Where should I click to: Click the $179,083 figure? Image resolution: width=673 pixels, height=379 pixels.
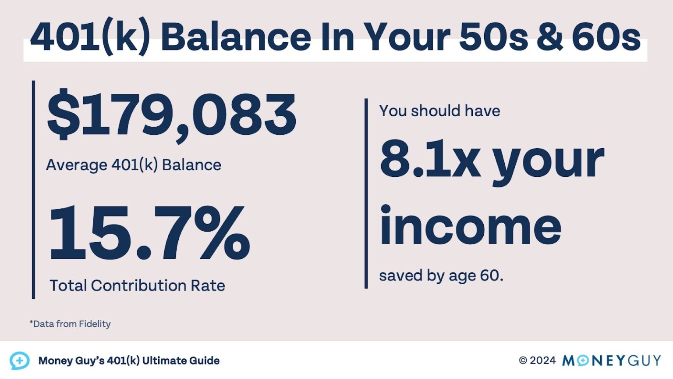(x=172, y=115)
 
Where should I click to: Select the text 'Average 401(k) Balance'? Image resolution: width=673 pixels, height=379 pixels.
(x=134, y=165)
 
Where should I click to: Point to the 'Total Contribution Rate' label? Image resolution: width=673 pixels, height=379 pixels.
(x=137, y=286)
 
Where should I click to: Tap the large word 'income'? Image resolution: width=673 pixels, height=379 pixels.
(x=470, y=226)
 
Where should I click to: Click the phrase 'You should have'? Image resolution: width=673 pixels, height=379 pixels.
(x=439, y=111)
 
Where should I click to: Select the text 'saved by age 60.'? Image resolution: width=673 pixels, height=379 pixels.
(x=441, y=275)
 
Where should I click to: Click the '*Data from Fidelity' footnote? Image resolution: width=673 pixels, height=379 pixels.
(x=70, y=324)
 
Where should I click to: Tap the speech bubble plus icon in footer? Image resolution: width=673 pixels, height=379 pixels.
(x=20, y=361)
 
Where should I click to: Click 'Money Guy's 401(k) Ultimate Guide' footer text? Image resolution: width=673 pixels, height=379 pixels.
(x=129, y=361)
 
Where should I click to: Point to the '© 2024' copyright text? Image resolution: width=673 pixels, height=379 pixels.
(x=537, y=361)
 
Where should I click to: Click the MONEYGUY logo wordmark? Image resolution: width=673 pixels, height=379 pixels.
(x=612, y=361)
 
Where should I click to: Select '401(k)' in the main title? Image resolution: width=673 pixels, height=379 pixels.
(x=90, y=37)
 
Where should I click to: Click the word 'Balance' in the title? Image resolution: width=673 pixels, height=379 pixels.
(x=236, y=37)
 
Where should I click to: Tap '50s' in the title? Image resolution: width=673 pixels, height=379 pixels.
(x=493, y=37)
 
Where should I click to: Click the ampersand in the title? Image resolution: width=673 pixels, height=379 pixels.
(x=549, y=37)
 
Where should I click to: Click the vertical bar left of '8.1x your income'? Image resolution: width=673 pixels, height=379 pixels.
(x=366, y=193)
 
